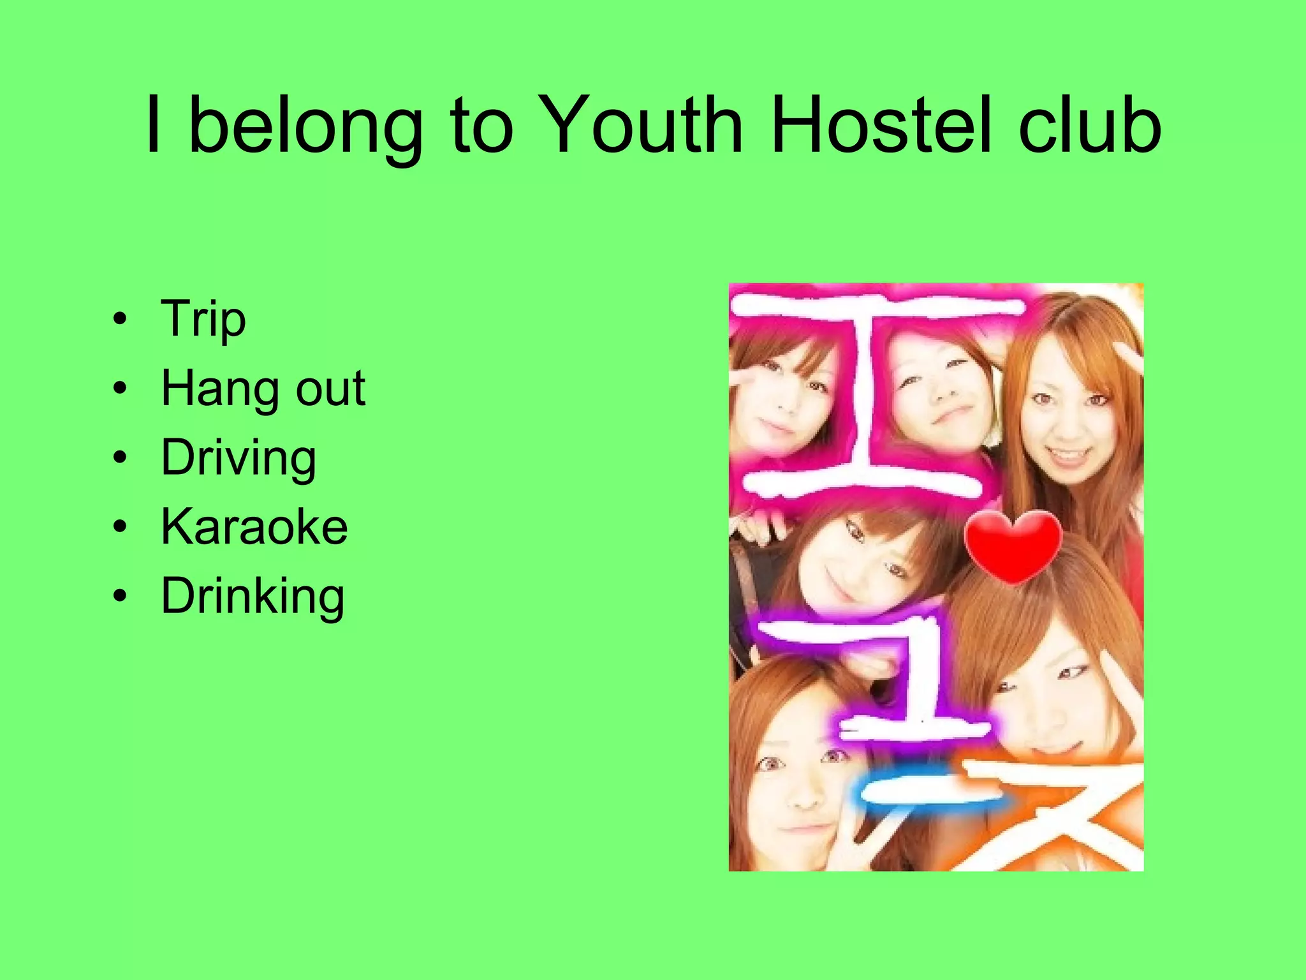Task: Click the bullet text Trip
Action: [x=203, y=319]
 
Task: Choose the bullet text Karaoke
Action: [x=254, y=527]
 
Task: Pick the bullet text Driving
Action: [x=238, y=458]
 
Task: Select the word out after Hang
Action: [x=330, y=388]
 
